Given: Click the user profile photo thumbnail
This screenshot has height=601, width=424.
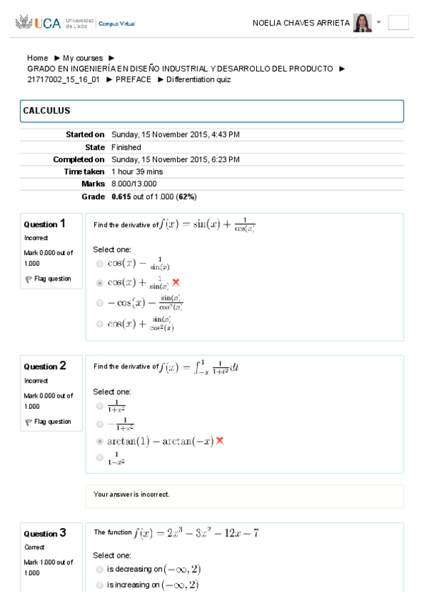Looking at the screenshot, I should [x=362, y=23].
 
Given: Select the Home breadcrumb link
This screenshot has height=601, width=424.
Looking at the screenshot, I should [x=38, y=58].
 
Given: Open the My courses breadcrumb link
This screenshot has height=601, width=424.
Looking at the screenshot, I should [x=83, y=58].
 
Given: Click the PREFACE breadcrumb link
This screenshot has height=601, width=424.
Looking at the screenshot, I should [x=133, y=79].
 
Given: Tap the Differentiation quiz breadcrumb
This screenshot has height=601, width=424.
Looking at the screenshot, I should [x=198, y=79].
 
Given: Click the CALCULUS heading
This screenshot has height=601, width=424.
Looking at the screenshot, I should [x=47, y=111].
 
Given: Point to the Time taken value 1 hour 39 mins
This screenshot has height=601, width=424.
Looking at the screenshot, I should [x=137, y=172].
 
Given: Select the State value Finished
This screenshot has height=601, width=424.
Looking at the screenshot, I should [x=126, y=147].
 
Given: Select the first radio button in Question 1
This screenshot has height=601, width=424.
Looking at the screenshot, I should [x=99, y=264].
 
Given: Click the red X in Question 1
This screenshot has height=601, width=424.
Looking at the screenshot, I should [x=176, y=282].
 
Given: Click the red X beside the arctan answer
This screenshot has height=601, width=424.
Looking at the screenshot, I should [x=219, y=441].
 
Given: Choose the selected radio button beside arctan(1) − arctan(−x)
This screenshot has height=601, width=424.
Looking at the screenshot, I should [x=99, y=441].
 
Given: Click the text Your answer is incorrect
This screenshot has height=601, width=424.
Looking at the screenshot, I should [x=132, y=495].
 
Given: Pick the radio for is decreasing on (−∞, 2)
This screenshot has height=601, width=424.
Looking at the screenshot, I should [x=99, y=569].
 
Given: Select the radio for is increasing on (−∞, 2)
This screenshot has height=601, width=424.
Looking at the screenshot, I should [x=99, y=585].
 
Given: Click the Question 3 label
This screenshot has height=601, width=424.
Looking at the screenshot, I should [x=45, y=533].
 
